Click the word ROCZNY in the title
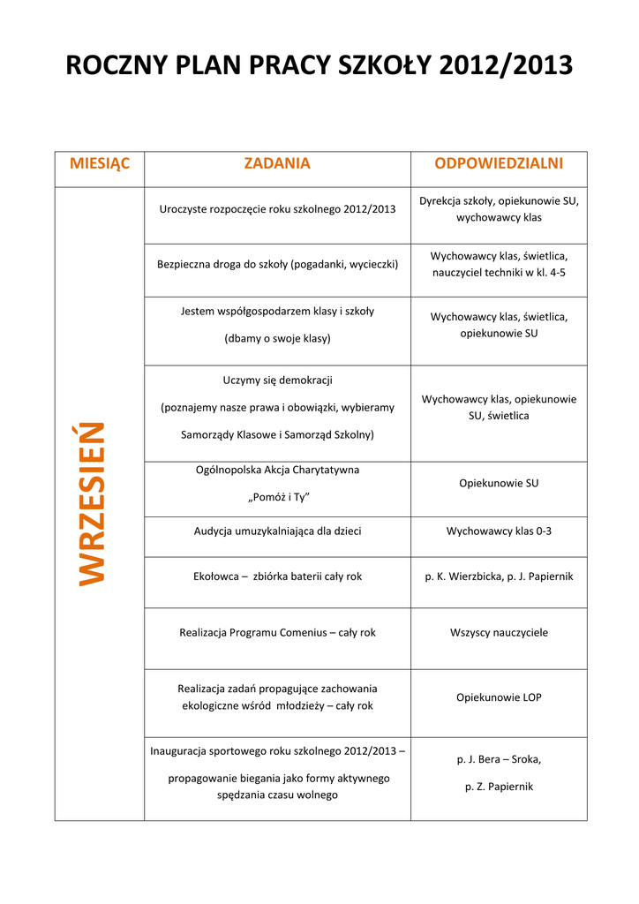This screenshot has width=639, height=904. tap(118, 65)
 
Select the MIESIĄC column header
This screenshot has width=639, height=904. tap(100, 163)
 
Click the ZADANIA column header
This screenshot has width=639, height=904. tap(277, 163)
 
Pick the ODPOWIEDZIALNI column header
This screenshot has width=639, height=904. tap(499, 163)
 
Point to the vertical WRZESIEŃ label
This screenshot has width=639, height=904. tap(92, 503)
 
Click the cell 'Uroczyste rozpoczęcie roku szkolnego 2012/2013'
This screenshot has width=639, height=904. tap(277, 209)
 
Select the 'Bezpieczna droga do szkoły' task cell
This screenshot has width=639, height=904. tap(277, 264)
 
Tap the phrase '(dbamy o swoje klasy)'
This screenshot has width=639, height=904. tap(277, 338)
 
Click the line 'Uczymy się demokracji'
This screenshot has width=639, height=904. tap(277, 380)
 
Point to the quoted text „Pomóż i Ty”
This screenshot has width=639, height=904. tap(277, 497)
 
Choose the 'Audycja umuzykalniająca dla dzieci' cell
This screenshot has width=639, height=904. tap(277, 531)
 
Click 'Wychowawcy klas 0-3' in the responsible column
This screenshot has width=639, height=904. tap(499, 531)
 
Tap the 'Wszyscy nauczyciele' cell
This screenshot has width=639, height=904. tap(499, 633)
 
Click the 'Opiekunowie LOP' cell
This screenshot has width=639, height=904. tap(499, 697)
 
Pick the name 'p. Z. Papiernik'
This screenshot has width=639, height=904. tap(499, 787)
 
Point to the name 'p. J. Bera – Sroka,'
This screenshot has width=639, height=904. tap(499, 759)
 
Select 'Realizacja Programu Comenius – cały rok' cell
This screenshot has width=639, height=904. tap(277, 633)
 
